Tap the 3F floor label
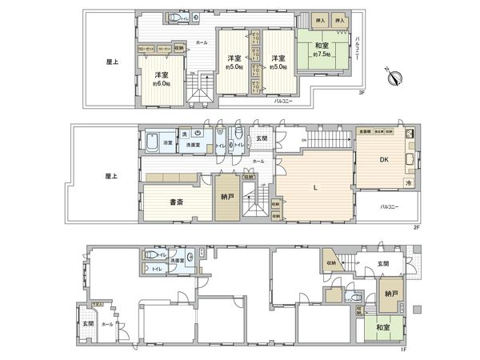click(362, 93)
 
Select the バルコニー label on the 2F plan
click(390, 206)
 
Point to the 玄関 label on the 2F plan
click(260, 138)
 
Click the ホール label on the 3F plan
click(201, 42)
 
